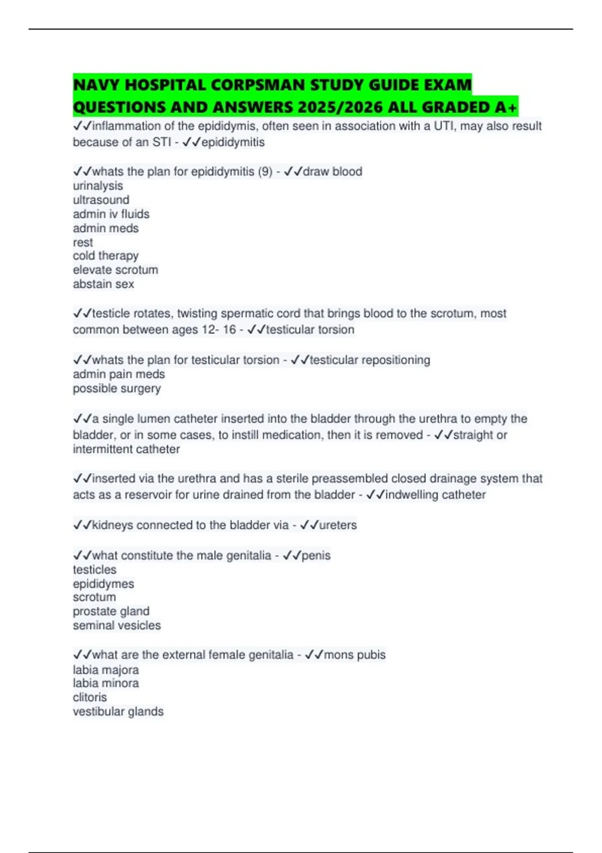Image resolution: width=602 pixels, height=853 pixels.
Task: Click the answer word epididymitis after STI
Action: pos(233,142)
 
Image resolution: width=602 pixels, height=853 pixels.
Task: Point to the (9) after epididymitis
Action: pos(265,172)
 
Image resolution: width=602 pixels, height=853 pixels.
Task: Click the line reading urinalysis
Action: pos(98,186)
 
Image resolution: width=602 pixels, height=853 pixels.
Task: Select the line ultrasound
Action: pos(101,200)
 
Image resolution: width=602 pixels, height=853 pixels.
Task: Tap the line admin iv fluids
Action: pos(111,214)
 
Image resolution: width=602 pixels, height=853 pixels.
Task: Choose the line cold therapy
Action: pos(105,256)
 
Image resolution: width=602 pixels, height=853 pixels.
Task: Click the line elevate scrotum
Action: pos(115,270)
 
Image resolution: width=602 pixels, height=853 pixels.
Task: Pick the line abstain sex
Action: pos(103,284)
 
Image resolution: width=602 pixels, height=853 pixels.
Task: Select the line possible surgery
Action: pos(117,388)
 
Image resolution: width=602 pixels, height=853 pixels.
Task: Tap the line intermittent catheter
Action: pos(126,449)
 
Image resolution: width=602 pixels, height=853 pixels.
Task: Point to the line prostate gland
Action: pos(111,611)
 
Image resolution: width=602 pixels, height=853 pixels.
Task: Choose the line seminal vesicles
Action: pos(117,625)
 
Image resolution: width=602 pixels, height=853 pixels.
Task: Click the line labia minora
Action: pos(106,683)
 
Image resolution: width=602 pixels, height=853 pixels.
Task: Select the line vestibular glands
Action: pos(118,712)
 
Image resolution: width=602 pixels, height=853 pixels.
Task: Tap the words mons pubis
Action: pos(355,655)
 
